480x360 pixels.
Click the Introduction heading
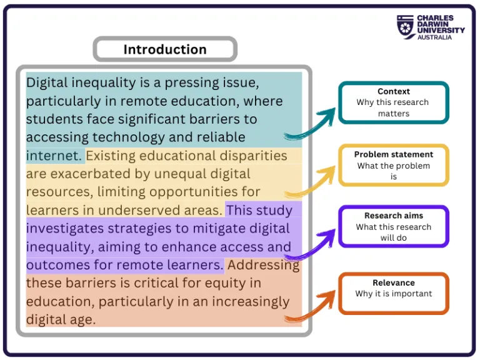click(x=164, y=49)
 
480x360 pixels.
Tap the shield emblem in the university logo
click(x=406, y=27)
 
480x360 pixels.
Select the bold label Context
click(x=394, y=91)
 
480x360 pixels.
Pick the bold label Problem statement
click(x=394, y=154)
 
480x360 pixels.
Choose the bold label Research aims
click(x=394, y=216)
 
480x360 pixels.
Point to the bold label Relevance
click(x=394, y=282)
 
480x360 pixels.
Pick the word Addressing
click(x=263, y=264)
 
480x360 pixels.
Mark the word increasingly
click(x=244, y=301)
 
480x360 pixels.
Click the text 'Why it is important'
click(x=394, y=294)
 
